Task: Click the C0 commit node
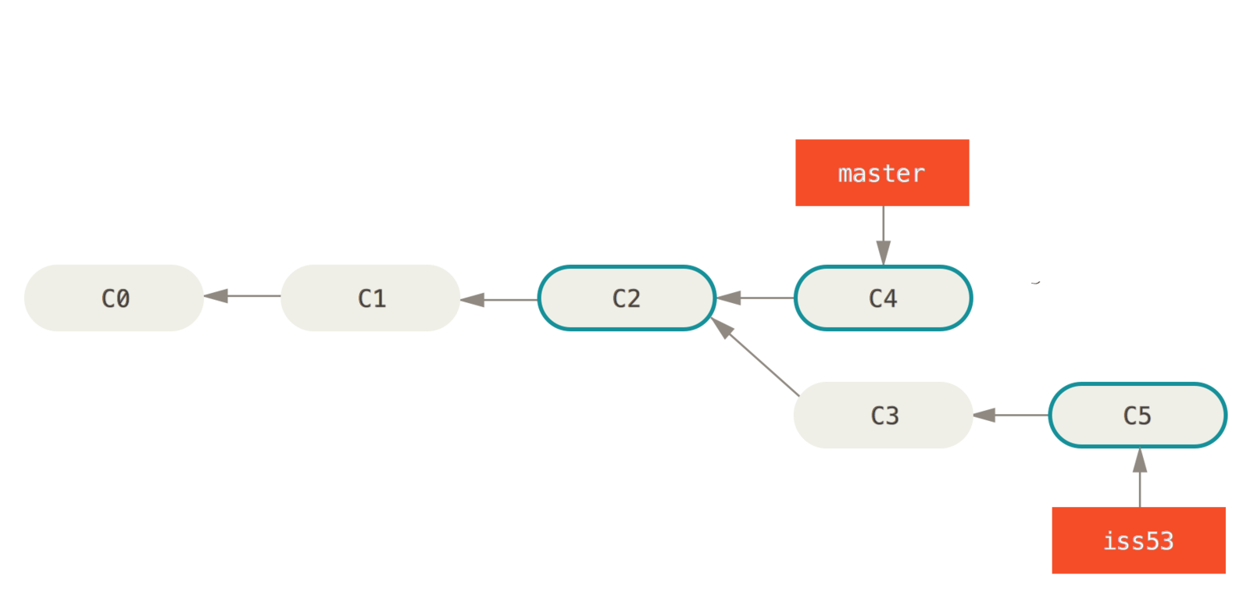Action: coord(114,298)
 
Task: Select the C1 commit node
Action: coord(370,298)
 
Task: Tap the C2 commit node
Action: coord(627,298)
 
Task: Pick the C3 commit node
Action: coord(884,415)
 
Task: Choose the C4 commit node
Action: coord(884,298)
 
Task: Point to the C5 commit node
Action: coord(1137,415)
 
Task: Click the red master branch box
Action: coord(882,173)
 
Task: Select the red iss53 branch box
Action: coord(1138,541)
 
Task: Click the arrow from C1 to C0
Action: coord(242,296)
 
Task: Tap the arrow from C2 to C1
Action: coord(498,298)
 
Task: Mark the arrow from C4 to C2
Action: coord(755,298)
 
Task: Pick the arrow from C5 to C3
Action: coord(1011,415)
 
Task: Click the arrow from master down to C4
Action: coord(884,234)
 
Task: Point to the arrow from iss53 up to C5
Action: coord(1140,477)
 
